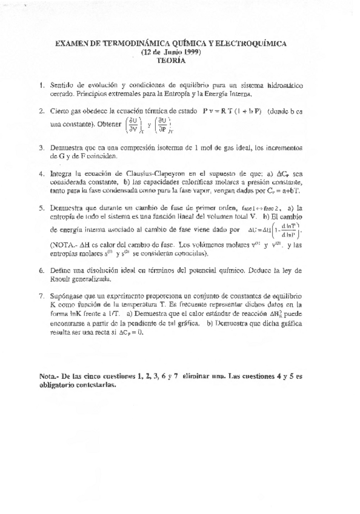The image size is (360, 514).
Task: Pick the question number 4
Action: point(40,173)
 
